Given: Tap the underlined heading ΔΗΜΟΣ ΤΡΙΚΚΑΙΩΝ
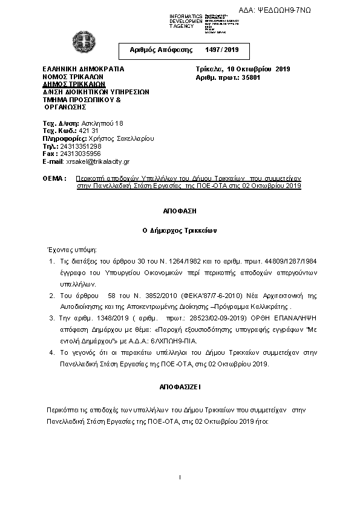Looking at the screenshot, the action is [x=70, y=85].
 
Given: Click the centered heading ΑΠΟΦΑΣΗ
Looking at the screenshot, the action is [x=180, y=212].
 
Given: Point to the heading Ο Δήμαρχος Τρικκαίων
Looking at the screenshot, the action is [x=180, y=230].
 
